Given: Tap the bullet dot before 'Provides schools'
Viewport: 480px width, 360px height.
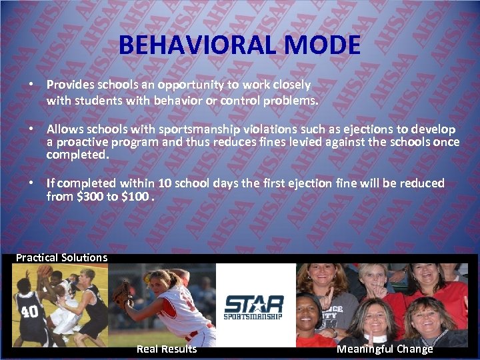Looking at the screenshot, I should [30, 85].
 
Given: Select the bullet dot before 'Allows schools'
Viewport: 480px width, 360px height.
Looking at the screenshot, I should [30, 129].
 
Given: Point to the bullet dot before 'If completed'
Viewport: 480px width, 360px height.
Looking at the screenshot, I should [30, 183].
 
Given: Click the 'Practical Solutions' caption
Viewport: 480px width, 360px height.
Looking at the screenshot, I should [61, 257].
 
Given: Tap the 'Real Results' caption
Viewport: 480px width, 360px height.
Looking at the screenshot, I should [167, 349].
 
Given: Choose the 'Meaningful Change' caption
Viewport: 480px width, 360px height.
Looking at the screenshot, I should [385, 349].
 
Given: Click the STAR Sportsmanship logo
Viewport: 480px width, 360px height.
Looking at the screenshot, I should [254, 307].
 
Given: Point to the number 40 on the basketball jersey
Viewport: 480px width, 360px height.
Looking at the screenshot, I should [30, 312].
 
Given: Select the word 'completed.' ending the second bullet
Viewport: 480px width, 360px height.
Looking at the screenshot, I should [77, 155].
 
